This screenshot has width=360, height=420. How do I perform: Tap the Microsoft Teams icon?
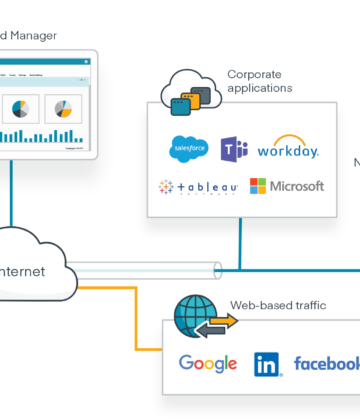[234, 150]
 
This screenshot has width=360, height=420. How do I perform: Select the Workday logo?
[287, 150]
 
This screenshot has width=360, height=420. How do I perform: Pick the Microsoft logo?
[287, 186]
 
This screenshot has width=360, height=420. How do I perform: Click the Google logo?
[207, 363]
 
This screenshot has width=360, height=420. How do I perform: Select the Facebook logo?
[326, 363]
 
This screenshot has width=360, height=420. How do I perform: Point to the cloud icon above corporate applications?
[188, 91]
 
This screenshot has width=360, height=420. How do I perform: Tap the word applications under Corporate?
[259, 88]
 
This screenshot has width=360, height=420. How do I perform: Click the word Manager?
[32, 36]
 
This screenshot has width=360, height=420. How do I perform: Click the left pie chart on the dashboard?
[19, 107]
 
